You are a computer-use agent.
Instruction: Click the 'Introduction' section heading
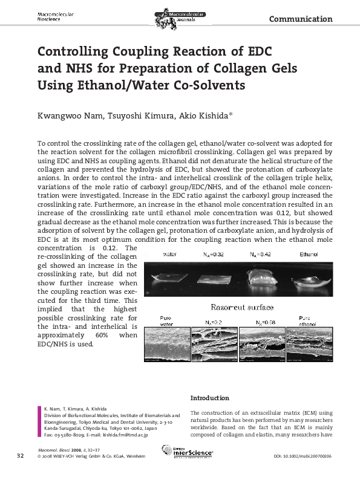[210, 398]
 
